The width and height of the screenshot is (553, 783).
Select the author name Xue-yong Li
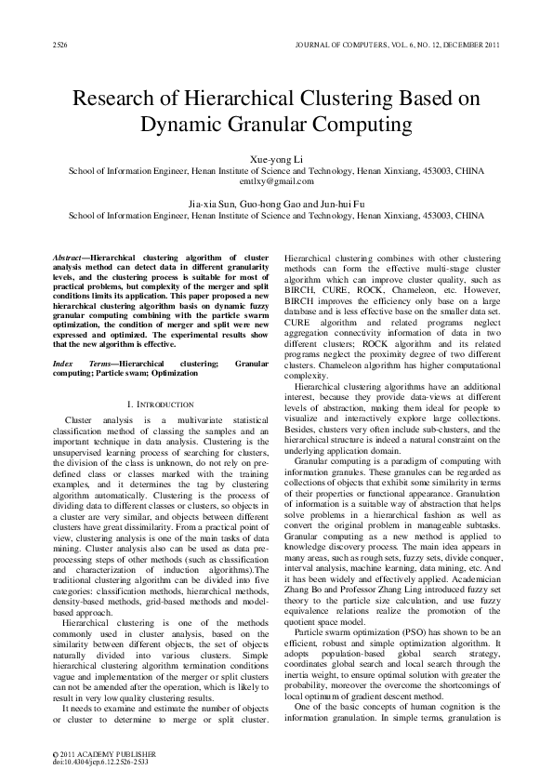coord(277,160)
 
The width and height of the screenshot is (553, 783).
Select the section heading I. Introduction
coord(159,405)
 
